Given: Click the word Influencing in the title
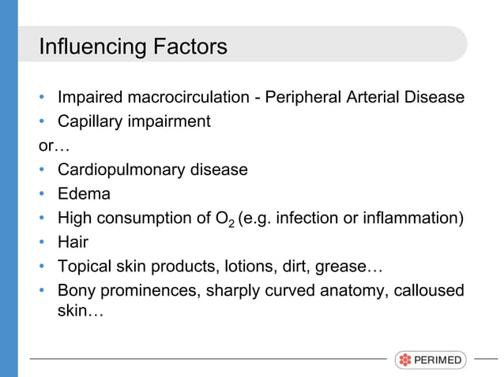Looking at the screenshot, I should (90, 47).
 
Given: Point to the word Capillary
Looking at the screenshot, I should (90, 121).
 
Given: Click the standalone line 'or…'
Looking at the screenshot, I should (49, 146).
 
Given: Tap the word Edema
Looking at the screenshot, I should (84, 194).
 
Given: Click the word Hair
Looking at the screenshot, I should (73, 242).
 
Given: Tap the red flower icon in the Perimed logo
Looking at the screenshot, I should (405, 360).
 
